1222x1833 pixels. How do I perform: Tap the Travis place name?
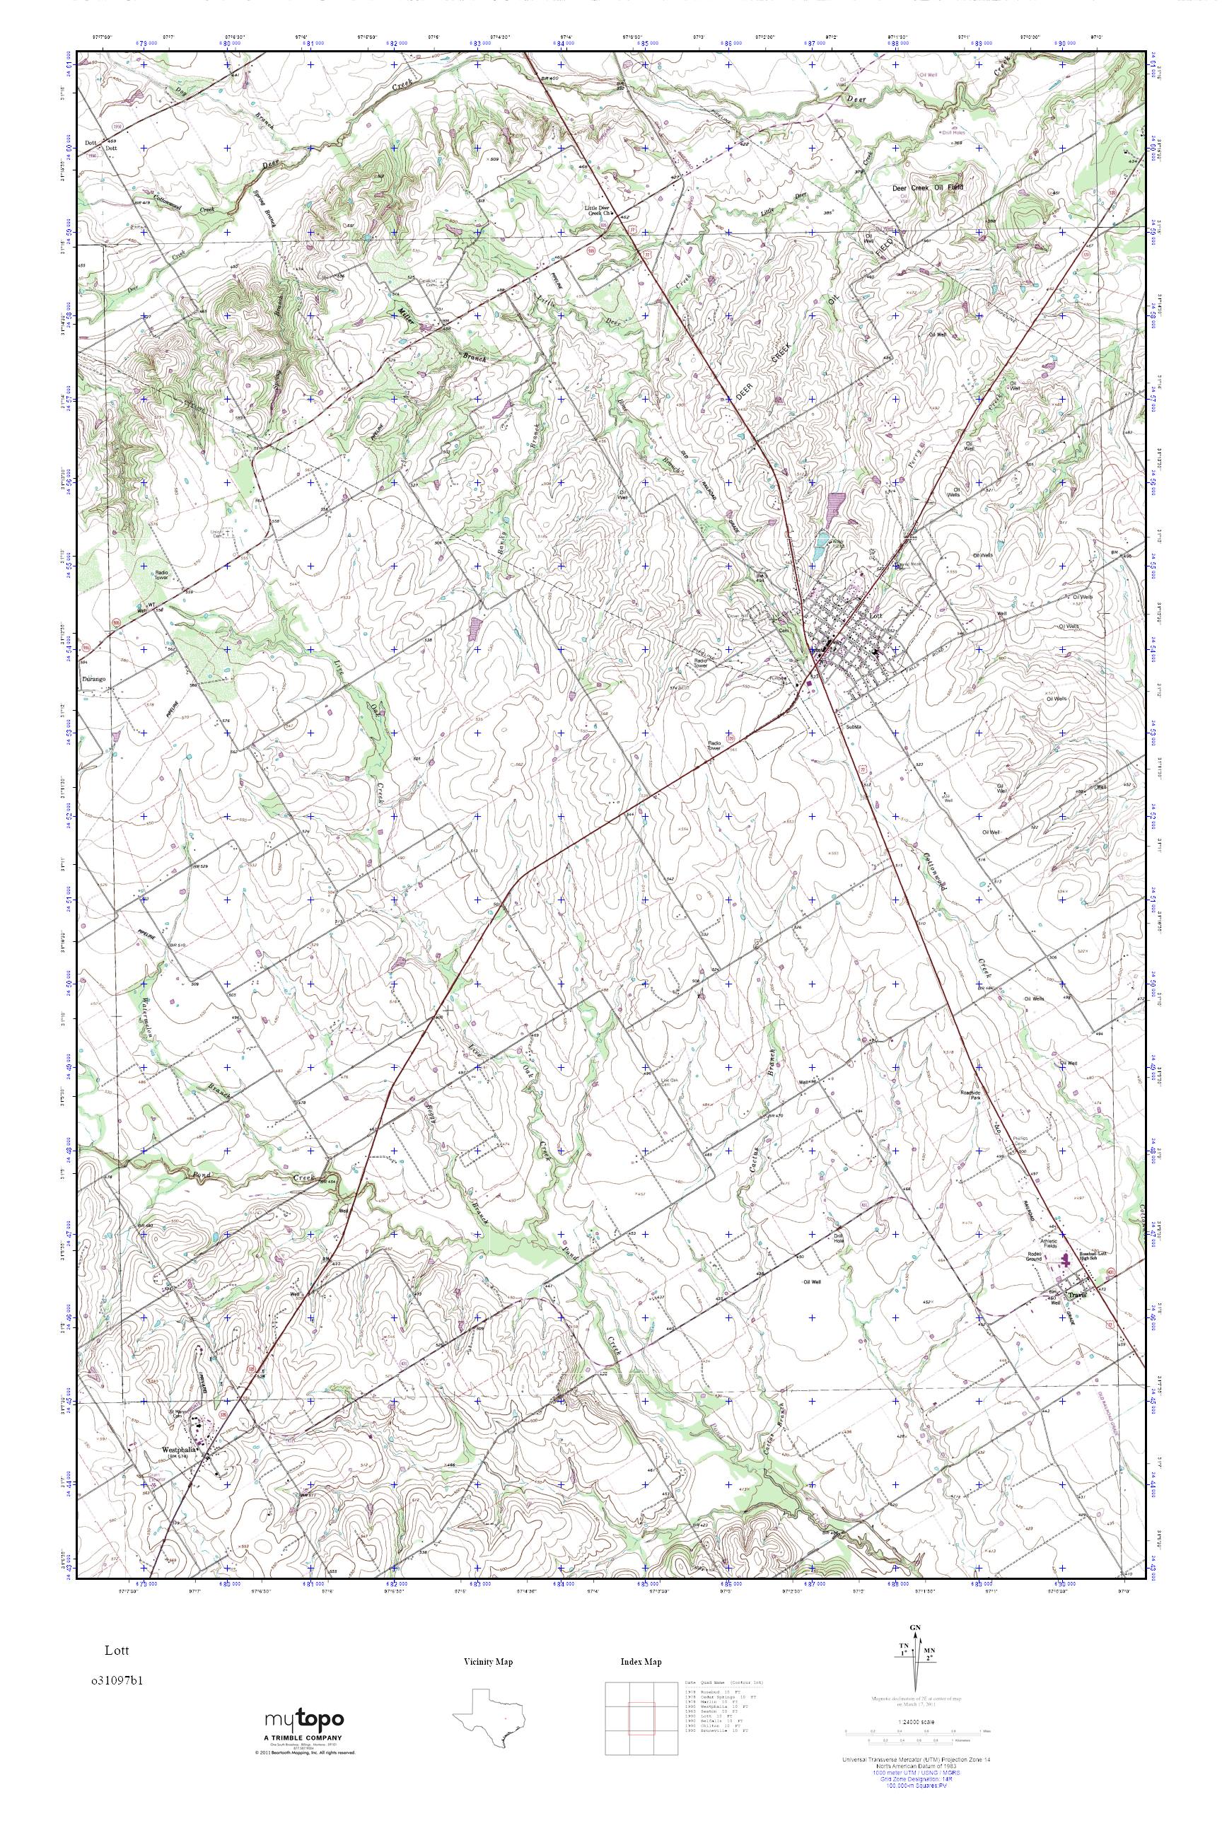[1078, 1296]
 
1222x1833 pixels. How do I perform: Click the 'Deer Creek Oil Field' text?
[927, 188]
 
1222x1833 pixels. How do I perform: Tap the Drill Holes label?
[953, 132]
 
